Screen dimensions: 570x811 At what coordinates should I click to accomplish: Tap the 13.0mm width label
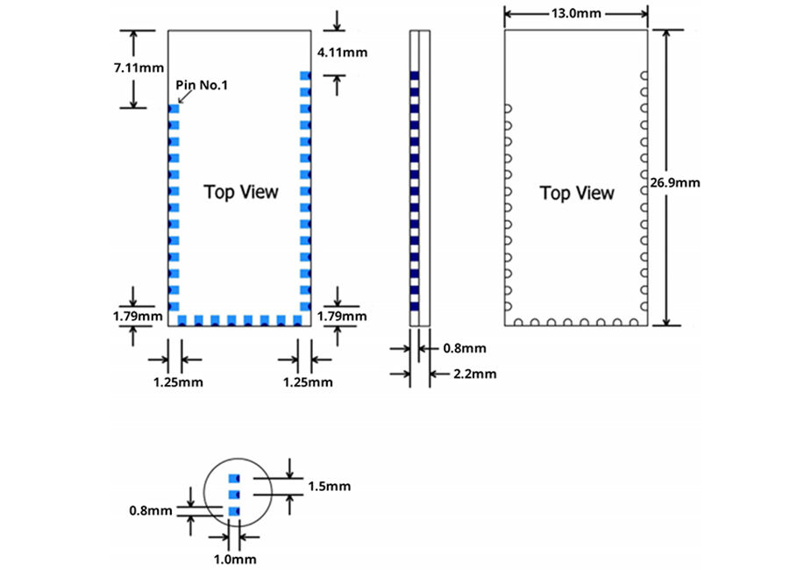coord(577,13)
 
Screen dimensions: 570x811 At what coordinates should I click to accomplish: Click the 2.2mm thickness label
coord(475,374)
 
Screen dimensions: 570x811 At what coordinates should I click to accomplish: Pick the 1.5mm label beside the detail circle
coord(329,486)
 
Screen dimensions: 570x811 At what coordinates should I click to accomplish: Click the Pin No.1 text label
coord(203,84)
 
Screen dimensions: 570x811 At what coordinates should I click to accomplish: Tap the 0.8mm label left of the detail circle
coord(150,509)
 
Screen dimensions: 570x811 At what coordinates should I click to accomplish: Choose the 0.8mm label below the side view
coord(464,348)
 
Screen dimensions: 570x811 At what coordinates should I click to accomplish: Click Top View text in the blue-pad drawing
coord(241,191)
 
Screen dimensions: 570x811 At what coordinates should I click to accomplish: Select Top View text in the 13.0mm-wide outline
coord(576,193)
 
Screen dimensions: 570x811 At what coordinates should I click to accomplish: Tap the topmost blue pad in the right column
coord(305,75)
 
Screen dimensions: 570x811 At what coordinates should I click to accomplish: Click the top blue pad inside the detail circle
coord(233,479)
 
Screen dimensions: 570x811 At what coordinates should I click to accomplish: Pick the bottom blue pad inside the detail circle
coord(233,511)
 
